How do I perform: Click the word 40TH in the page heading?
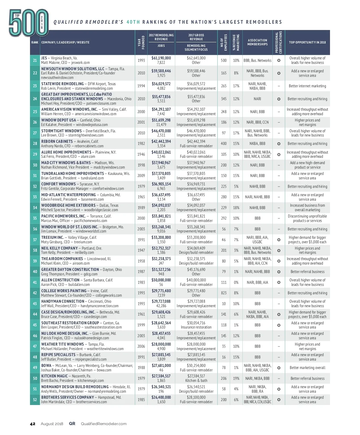(x=133, y=22)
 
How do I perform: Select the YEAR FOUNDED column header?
(x=141, y=42)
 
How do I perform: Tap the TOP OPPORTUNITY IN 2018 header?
(x=307, y=42)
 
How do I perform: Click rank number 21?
(x=35, y=60)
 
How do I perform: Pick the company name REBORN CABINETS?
(x=57, y=142)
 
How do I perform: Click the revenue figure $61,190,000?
(x=161, y=58)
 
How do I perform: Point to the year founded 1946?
(x=141, y=154)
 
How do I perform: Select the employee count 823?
(x=224, y=293)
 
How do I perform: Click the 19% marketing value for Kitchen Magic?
(x=236, y=378)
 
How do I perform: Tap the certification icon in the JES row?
(x=279, y=60)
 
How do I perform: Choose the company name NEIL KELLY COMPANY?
(x=59, y=248)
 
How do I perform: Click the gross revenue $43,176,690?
(x=196, y=269)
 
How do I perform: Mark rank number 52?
(x=35, y=400)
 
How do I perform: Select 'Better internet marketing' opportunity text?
(x=307, y=86)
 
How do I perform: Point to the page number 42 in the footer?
(x=33, y=424)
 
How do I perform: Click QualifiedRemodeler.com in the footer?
(x=103, y=424)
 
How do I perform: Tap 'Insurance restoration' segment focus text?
(x=196, y=327)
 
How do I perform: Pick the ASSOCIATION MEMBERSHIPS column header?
(x=257, y=42)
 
